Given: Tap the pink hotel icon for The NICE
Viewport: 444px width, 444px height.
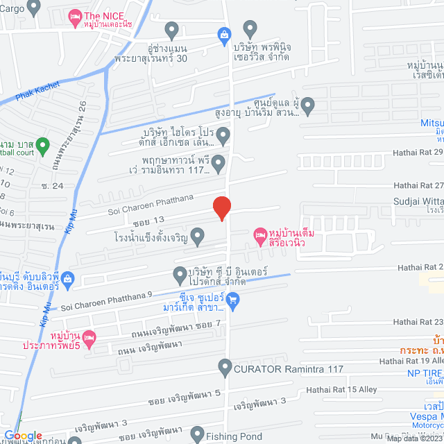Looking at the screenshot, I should coord(74,16).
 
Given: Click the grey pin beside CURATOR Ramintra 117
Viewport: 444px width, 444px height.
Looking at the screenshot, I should coord(225,366).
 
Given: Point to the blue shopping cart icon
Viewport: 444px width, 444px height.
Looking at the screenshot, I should coord(233,300).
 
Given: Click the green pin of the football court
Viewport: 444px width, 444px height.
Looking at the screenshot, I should coord(42,146).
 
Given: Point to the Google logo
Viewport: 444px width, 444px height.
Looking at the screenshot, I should coord(24,435).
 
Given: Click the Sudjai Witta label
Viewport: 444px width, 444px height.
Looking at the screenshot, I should coord(413,201).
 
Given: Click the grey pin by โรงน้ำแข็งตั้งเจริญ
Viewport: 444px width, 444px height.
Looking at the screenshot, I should coord(197,237).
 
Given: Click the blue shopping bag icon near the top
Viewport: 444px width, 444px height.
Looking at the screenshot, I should coord(223,33).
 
